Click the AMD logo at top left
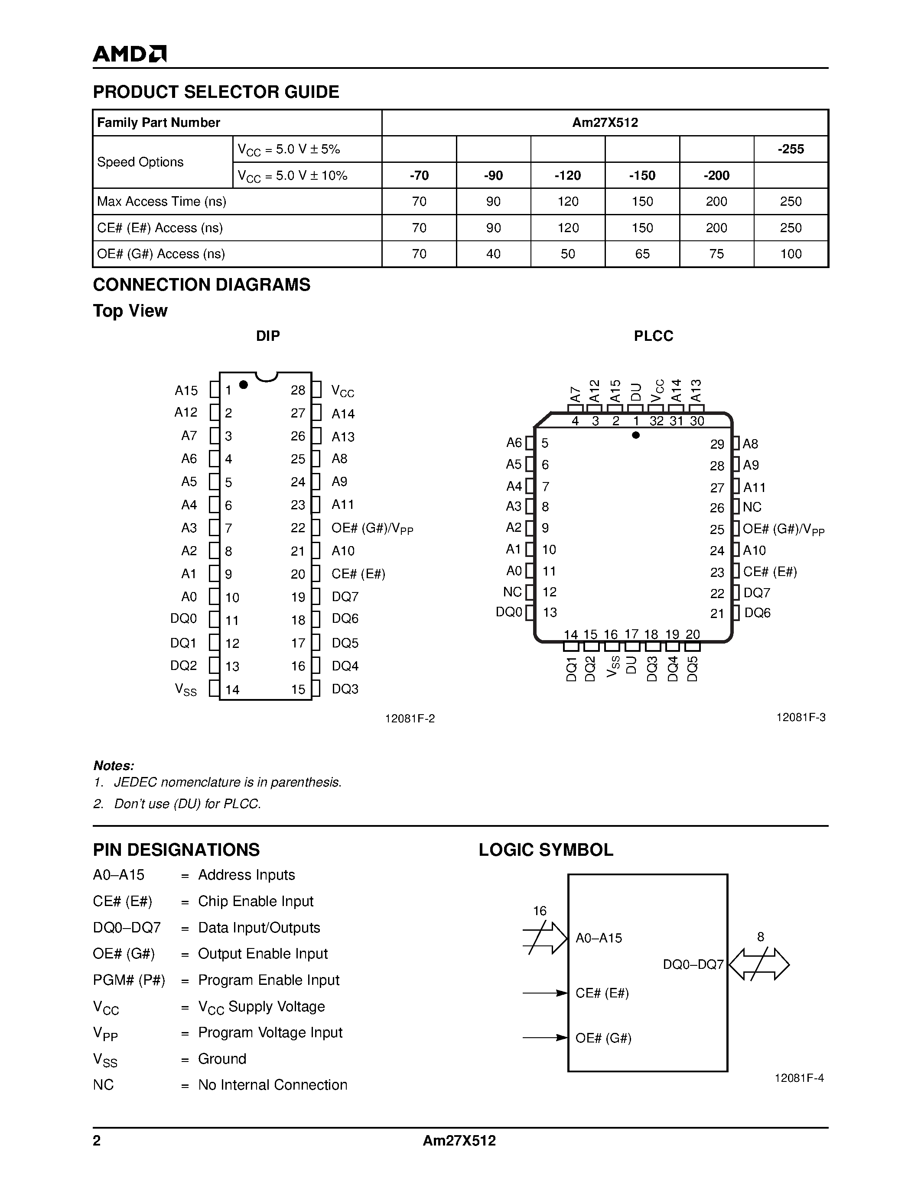point(129,53)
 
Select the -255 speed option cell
point(791,149)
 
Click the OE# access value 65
point(642,254)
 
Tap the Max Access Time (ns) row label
point(162,202)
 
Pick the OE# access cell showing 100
point(791,254)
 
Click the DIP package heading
point(268,336)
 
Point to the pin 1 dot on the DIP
point(244,385)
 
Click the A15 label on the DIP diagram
point(186,391)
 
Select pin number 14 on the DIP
point(232,690)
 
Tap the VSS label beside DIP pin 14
point(186,690)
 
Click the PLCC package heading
point(653,336)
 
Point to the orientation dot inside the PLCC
point(636,435)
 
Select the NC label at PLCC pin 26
point(752,507)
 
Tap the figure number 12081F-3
point(801,718)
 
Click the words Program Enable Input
point(268,980)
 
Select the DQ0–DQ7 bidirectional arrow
point(759,964)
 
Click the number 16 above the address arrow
point(540,911)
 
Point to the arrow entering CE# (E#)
point(545,993)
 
